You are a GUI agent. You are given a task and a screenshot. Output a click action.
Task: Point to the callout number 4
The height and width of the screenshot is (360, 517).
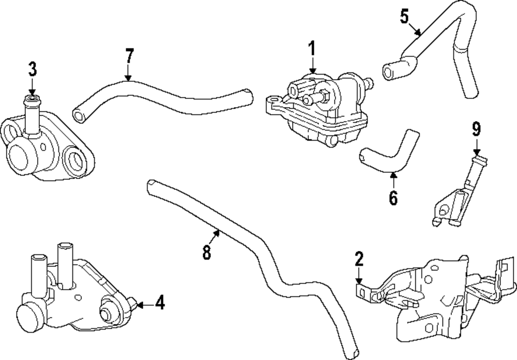[160, 303]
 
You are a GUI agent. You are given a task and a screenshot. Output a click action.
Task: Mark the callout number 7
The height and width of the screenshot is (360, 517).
[129, 55]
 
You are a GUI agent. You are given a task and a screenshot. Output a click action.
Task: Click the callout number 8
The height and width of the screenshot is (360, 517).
[207, 252]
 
